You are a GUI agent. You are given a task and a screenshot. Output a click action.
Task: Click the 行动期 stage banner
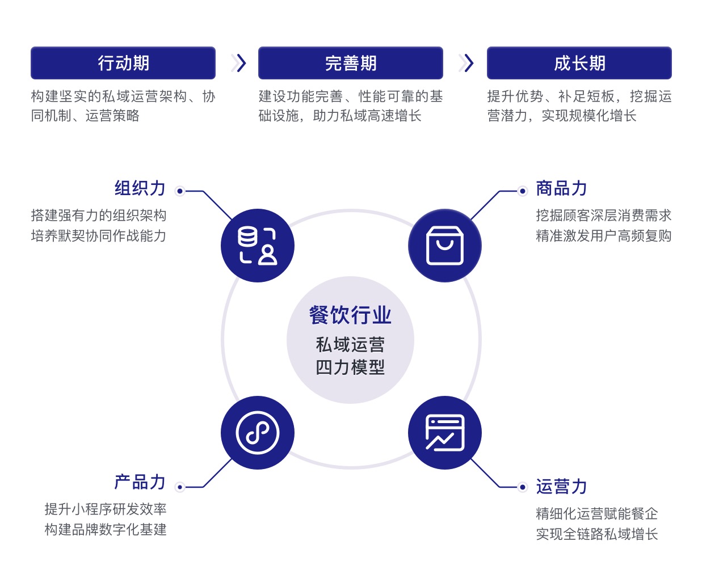click(123, 63)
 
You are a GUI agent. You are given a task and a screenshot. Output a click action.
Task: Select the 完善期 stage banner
click(351, 63)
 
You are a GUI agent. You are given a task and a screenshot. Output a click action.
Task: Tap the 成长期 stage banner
click(579, 63)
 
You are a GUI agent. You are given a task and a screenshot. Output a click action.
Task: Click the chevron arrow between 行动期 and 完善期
click(239, 63)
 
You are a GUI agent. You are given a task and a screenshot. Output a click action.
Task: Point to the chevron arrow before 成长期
click(466, 63)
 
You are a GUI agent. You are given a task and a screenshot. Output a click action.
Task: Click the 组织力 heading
click(140, 188)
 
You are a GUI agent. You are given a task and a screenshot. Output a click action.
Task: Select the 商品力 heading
click(561, 188)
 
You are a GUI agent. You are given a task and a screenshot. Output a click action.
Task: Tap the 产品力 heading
click(140, 482)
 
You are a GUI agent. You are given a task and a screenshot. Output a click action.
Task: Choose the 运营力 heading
click(561, 487)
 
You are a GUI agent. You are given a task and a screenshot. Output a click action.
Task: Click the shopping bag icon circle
click(445, 246)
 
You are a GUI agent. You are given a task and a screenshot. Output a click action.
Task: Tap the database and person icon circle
click(258, 246)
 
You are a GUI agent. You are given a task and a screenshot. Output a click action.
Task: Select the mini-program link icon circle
click(258, 432)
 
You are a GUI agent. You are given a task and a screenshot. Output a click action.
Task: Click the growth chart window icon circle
click(445, 432)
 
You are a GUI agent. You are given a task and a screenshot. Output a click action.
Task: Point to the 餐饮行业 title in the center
click(350, 315)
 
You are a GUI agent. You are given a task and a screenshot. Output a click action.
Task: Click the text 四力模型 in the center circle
click(350, 368)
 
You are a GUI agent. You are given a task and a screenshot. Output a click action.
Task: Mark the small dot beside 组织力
click(180, 191)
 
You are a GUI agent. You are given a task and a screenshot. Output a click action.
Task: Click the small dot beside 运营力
click(522, 487)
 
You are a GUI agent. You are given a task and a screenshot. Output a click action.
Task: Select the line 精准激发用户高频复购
click(604, 236)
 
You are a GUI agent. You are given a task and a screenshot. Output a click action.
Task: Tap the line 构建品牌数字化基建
click(106, 530)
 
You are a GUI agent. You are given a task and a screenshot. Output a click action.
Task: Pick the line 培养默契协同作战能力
click(99, 236)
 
